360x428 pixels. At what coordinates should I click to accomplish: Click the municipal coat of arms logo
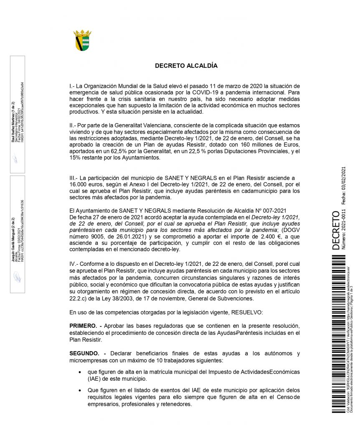(x=82, y=40)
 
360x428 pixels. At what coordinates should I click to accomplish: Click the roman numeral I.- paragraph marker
(x=73, y=86)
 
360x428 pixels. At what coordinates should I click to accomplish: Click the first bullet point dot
(x=80, y=371)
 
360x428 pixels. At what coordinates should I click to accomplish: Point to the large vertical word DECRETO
(x=336, y=231)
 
